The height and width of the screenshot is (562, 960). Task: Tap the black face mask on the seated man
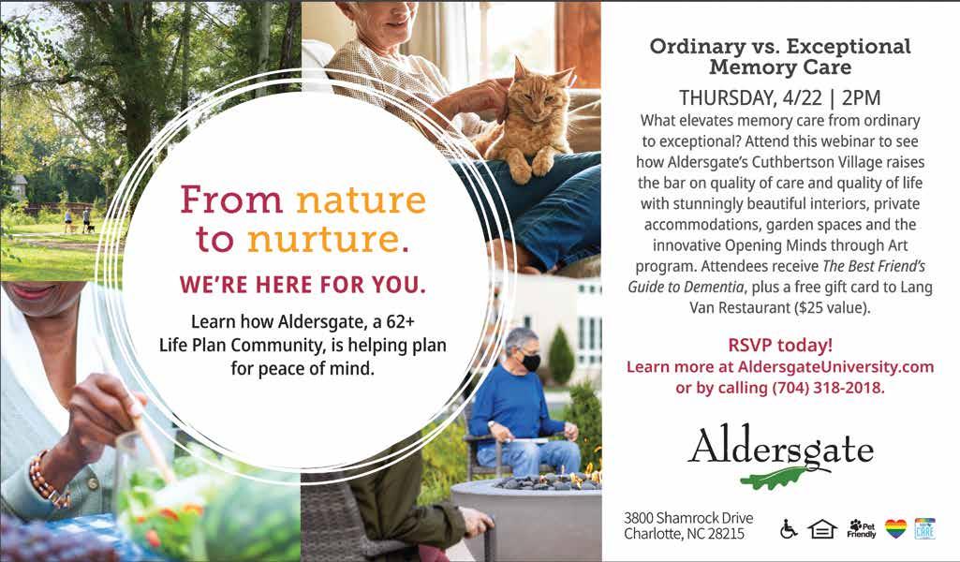(530, 362)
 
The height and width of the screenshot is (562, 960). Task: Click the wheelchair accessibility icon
(789, 528)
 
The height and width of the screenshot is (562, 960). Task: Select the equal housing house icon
(822, 529)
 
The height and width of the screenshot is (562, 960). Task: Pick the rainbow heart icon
(895, 528)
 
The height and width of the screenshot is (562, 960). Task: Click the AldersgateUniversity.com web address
(835, 367)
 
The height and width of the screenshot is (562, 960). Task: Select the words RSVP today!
(780, 346)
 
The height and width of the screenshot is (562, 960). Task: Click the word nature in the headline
(361, 200)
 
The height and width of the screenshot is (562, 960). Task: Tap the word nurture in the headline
(323, 240)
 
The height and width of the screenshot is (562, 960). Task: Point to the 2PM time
(861, 98)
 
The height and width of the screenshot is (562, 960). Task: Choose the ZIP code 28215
(726, 534)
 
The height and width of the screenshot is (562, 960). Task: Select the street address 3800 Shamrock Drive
(688, 518)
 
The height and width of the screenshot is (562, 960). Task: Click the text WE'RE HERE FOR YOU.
(303, 285)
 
